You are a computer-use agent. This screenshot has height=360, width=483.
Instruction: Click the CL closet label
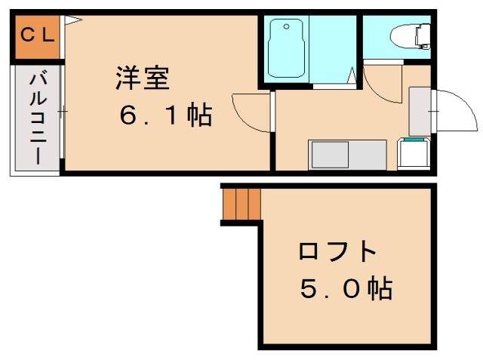tap(38, 35)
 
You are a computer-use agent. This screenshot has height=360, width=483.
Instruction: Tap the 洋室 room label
tap(143, 78)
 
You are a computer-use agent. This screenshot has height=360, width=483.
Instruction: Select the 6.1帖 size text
tap(166, 115)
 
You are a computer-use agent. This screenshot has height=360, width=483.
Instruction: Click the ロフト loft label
tap(337, 251)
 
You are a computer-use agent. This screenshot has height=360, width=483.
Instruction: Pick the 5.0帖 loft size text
tap(346, 288)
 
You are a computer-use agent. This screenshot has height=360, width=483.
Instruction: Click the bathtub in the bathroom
tap(286, 48)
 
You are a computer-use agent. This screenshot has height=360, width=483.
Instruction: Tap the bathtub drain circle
tap(287, 26)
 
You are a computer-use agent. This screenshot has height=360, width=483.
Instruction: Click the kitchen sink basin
tap(330, 155)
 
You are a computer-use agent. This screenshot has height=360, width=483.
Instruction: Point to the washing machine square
tap(414, 153)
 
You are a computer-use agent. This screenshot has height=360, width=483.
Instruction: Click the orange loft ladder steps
tap(241, 204)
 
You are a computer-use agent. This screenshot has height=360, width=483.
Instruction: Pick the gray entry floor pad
tap(420, 112)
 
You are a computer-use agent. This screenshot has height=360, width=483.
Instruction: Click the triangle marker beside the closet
tap(73, 20)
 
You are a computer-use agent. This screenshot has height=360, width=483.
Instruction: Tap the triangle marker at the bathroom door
tap(352, 75)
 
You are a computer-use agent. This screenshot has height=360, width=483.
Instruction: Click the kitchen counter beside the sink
tap(368, 155)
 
